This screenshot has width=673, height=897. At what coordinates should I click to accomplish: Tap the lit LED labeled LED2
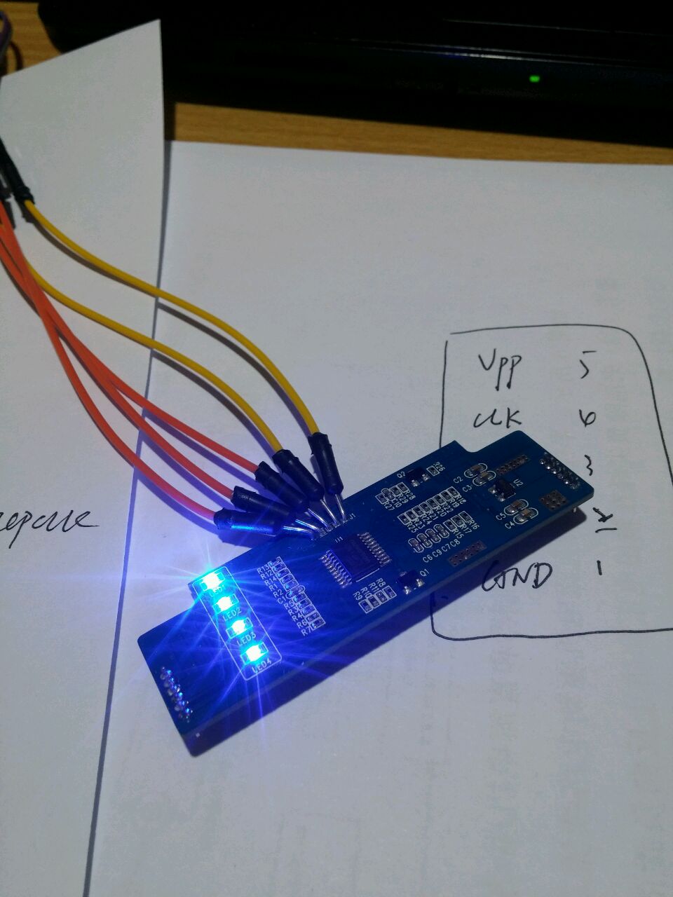click(x=224, y=603)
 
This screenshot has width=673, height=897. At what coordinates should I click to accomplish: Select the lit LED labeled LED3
click(x=239, y=626)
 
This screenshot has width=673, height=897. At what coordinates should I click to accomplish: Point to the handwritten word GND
click(x=517, y=575)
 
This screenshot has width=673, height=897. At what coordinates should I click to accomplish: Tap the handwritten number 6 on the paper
click(x=587, y=418)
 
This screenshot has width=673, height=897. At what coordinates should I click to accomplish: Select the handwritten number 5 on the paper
click(x=586, y=367)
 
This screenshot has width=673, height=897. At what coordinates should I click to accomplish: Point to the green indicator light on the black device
click(x=535, y=78)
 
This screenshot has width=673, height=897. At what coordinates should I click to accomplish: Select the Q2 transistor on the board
click(x=416, y=477)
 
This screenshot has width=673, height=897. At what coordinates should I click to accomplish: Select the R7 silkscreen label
click(x=306, y=631)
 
